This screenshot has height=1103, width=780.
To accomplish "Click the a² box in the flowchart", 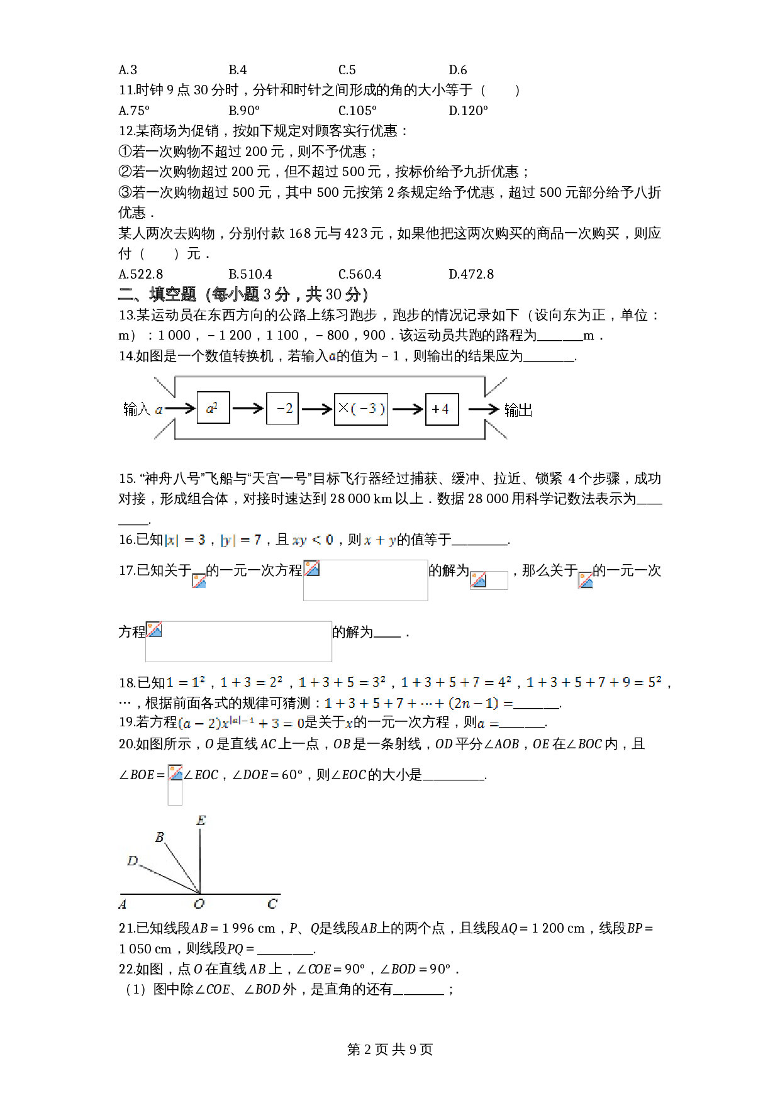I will pyautogui.click(x=213, y=408).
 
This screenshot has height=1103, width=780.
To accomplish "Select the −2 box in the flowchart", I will pyautogui.click(x=282, y=409).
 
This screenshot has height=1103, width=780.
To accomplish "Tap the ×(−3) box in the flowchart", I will pyautogui.click(x=361, y=409).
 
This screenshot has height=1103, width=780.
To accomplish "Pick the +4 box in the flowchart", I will pyautogui.click(x=442, y=409).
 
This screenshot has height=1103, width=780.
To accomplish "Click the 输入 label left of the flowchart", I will pyautogui.click(x=136, y=409).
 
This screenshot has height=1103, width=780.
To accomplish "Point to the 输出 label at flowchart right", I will pyautogui.click(x=518, y=411).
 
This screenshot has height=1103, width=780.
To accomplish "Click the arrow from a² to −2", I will pyautogui.click(x=248, y=409).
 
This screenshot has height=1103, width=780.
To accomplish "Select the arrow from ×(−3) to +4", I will pyautogui.click(x=408, y=409).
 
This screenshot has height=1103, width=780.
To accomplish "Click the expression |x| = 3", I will pyautogui.click(x=185, y=540).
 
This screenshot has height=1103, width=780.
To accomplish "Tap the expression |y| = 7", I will pyautogui.click(x=241, y=540).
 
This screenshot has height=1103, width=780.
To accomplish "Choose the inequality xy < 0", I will pyautogui.click(x=313, y=540).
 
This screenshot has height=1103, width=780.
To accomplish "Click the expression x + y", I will pyautogui.click(x=380, y=540).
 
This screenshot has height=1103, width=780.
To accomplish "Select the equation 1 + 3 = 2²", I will pyautogui.click(x=252, y=682).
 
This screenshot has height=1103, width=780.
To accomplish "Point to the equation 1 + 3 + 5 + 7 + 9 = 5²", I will pyautogui.click(x=594, y=682).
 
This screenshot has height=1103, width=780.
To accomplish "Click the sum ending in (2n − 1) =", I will pyautogui.click(x=418, y=703).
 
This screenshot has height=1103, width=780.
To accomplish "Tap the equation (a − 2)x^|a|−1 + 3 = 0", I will pyautogui.click(x=241, y=724).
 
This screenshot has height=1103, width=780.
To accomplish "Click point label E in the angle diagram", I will pyautogui.click(x=201, y=821).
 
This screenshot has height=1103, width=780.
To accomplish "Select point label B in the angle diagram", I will pyautogui.click(x=160, y=837).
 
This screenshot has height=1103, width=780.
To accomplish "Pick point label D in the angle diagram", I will pyautogui.click(x=132, y=861).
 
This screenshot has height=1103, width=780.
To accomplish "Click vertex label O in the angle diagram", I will pyautogui.click(x=199, y=904).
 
